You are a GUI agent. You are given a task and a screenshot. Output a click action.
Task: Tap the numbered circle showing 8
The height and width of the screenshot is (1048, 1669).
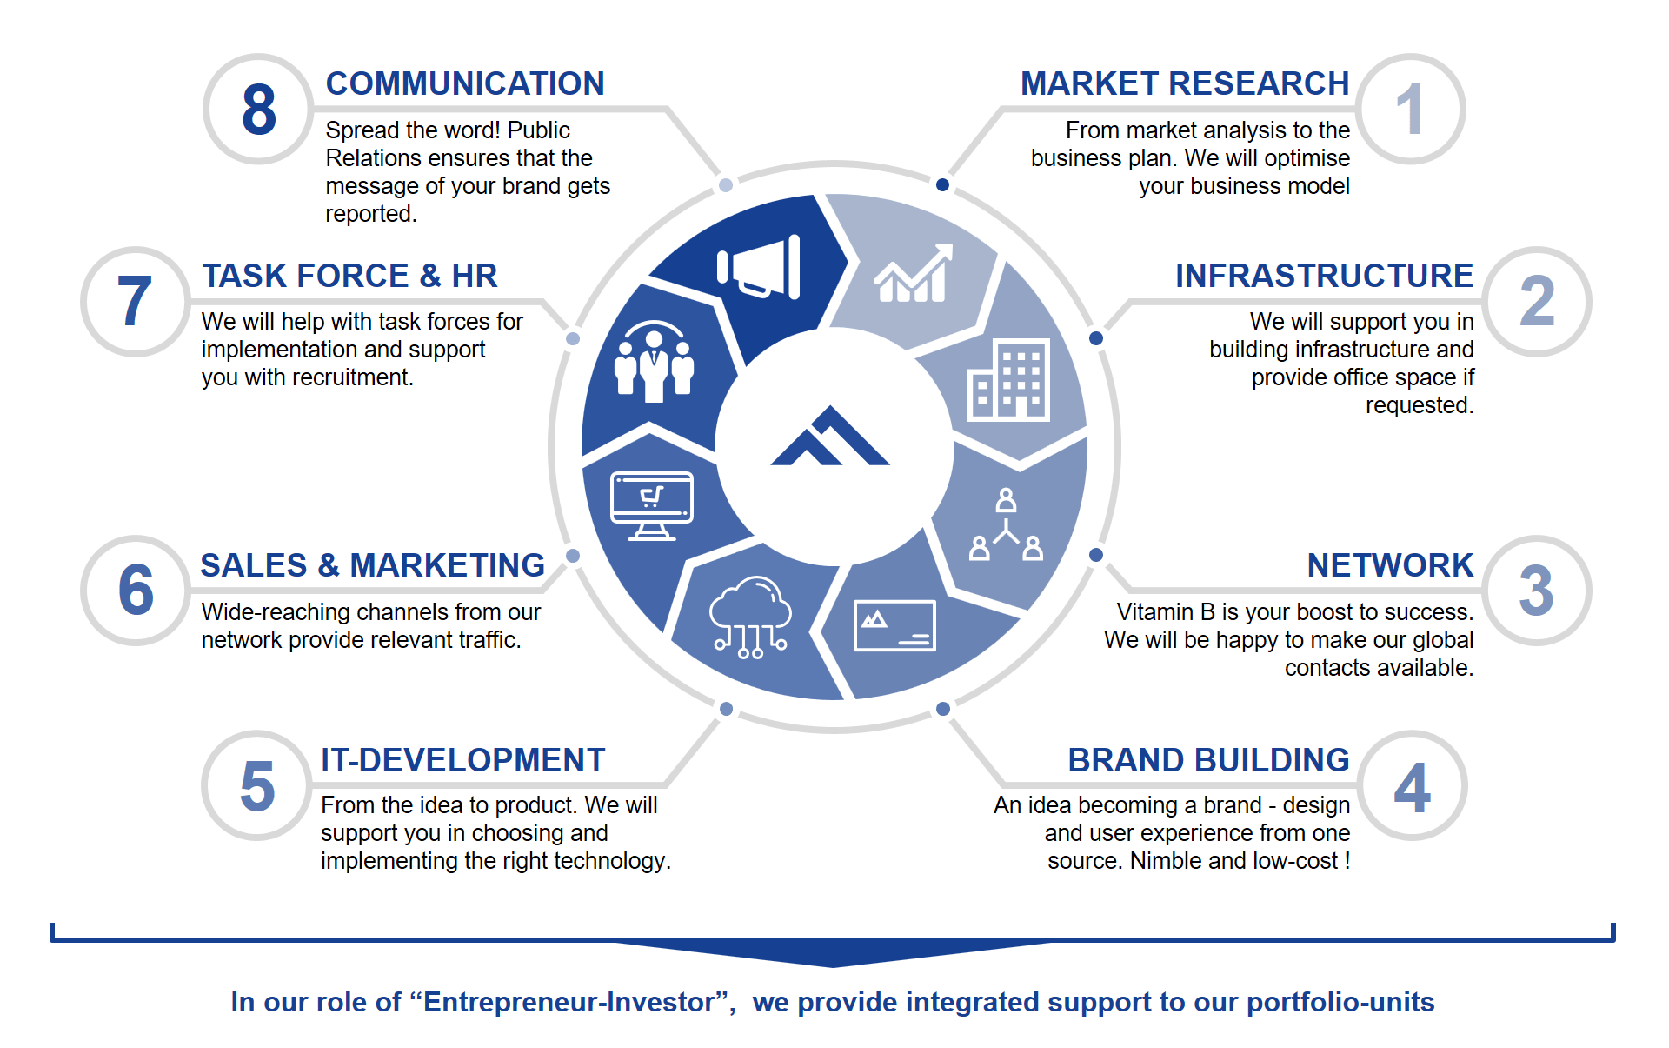258,110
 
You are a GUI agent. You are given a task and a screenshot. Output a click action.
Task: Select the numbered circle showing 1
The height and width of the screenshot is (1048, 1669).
1410,110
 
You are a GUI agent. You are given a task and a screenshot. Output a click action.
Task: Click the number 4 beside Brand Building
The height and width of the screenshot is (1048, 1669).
1412,786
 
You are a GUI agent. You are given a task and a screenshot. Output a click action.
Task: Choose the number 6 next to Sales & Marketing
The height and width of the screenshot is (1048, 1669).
136,591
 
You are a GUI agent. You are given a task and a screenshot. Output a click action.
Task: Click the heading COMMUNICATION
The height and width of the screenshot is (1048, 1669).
465,83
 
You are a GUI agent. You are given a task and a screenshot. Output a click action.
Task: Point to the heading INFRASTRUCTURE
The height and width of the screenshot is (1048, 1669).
1324,276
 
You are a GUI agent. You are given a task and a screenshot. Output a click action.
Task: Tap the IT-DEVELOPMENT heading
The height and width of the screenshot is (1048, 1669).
462,760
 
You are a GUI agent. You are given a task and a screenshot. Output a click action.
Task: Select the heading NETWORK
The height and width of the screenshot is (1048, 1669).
1390,565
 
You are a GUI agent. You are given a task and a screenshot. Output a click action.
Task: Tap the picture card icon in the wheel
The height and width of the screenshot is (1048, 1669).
894,625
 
